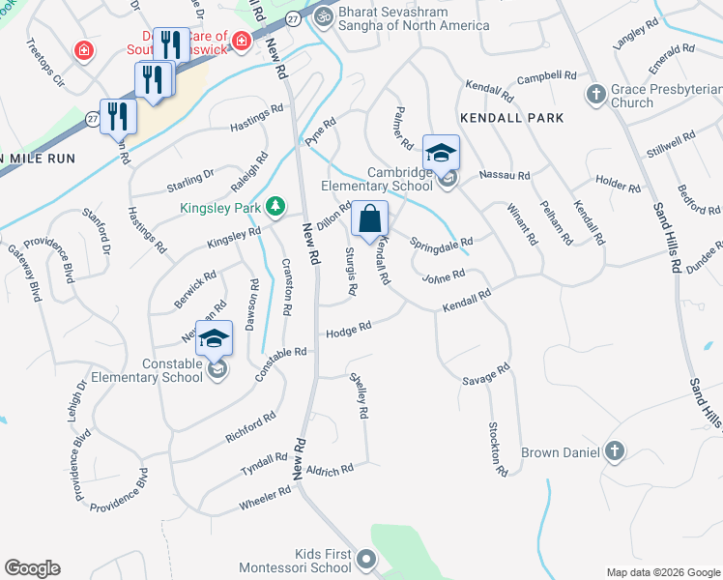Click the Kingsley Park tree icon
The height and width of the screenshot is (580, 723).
tap(276, 205)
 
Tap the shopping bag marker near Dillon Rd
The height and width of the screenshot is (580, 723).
tap(370, 220)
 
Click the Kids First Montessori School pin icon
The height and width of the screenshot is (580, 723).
tap(365, 559)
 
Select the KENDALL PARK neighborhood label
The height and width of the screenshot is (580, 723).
tap(511, 117)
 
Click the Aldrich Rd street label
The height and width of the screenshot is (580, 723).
tap(330, 469)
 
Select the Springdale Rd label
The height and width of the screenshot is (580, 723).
tap(442, 242)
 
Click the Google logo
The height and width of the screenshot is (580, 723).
tap(32, 568)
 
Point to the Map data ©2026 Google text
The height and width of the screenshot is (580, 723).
tap(662, 572)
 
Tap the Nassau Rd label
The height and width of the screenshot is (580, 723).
tap(505, 176)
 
